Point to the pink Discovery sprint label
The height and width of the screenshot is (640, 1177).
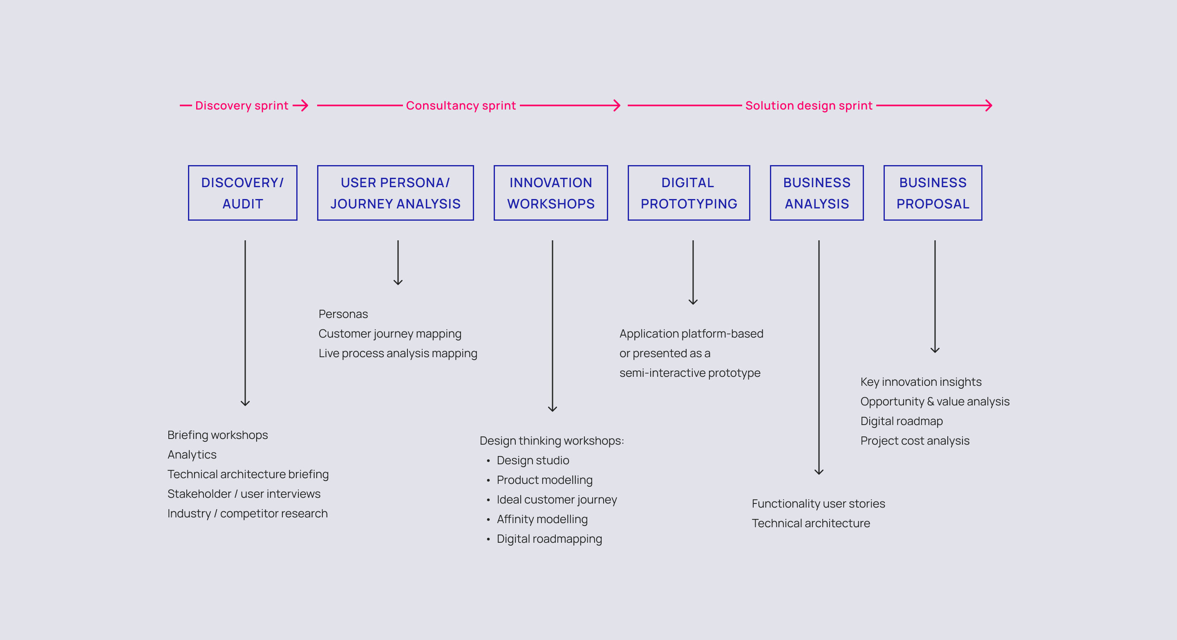click(242, 105)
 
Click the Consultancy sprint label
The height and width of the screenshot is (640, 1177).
click(461, 105)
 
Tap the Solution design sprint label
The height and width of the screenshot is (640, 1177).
click(809, 105)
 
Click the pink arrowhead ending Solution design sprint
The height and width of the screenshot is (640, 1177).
click(989, 105)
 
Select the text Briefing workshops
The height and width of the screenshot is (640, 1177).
click(217, 435)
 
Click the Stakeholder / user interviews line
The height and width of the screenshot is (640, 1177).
click(244, 494)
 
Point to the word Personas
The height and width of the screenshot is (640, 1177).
click(343, 314)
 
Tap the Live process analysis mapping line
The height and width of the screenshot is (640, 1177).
click(398, 353)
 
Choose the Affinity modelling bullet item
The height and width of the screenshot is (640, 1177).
click(542, 519)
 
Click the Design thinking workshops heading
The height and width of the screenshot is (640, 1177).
click(551, 441)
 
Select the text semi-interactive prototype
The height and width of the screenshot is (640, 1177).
click(690, 373)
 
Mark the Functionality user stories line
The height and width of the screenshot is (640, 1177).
click(818, 503)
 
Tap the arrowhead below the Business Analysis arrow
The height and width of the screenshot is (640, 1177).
click(819, 472)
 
